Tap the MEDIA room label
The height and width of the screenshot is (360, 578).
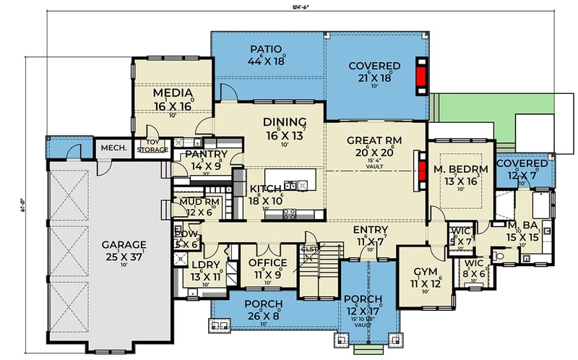[173, 93]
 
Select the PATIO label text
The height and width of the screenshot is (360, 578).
[265, 49]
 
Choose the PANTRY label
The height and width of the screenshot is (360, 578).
[206, 154]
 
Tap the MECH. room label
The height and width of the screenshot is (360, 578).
[113, 148]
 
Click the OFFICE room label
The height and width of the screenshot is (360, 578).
[267, 262]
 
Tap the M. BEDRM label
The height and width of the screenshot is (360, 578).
[462, 169]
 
